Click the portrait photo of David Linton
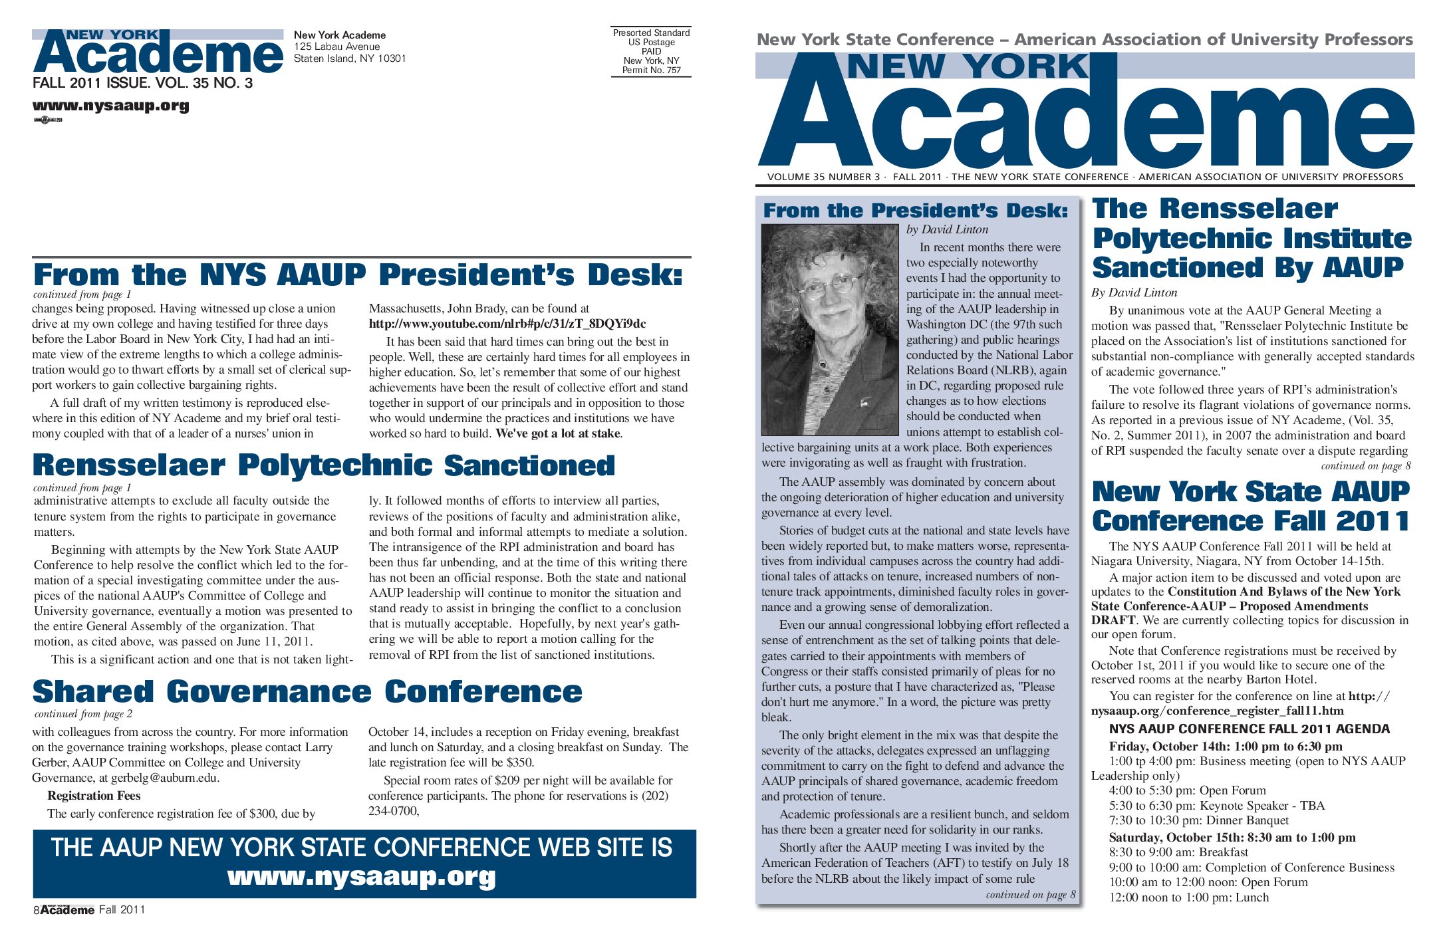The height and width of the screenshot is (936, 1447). tap(829, 329)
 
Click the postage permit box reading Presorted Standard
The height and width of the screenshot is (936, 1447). tap(651, 51)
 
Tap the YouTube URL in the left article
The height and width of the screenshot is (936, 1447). tap(507, 324)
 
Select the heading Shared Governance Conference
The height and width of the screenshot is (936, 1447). tap(307, 691)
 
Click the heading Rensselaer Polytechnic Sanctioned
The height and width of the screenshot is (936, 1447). tap(324, 465)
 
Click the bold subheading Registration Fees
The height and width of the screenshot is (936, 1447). tap(94, 796)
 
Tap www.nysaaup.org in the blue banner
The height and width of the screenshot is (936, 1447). tap(361, 877)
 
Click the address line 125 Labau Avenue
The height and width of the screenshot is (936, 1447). tap(336, 47)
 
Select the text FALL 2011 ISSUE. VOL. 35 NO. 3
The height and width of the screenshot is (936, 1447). tap(142, 83)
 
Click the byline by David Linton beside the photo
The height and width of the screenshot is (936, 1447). tap(947, 229)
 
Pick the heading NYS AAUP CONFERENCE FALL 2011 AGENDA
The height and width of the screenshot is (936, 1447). tap(1249, 729)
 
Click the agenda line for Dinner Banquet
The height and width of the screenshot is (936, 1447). tap(1198, 820)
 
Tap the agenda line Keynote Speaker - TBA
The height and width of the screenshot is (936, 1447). tap(1216, 806)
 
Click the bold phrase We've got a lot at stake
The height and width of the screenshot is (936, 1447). tap(558, 433)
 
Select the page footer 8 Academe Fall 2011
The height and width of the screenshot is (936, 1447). tap(89, 910)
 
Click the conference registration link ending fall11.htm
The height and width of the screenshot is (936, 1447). tap(1217, 711)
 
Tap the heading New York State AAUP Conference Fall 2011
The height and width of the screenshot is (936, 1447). tap(1250, 507)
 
